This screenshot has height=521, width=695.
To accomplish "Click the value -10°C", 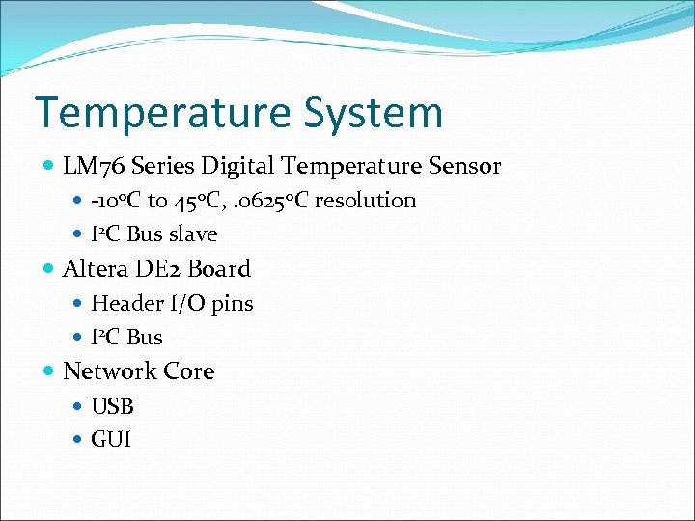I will pyautogui.click(x=116, y=201).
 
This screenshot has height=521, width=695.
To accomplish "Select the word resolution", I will pyautogui.click(x=366, y=201).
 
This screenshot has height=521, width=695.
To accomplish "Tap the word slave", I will pyautogui.click(x=193, y=234).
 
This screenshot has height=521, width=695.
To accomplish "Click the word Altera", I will pyautogui.click(x=94, y=269).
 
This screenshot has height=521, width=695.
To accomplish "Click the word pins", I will pyautogui.click(x=232, y=303).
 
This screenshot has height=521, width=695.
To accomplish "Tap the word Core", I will pyautogui.click(x=189, y=371).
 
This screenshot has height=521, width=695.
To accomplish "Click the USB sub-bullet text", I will pyautogui.click(x=112, y=406).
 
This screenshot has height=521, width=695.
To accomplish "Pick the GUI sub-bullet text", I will pyautogui.click(x=111, y=440).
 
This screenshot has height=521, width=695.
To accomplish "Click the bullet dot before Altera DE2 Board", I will pyautogui.click(x=49, y=269).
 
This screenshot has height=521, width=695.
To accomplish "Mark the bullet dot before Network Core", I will pyautogui.click(x=49, y=371).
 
